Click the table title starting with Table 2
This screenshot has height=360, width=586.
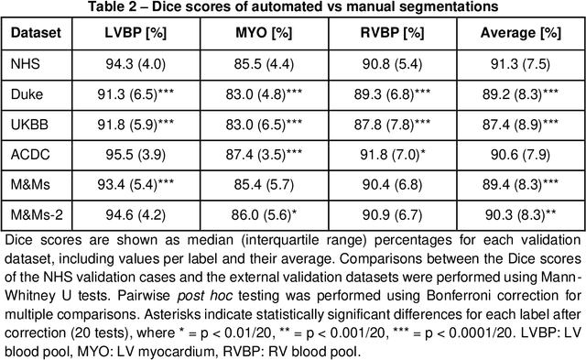(293, 8)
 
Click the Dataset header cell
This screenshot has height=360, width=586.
(37, 33)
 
